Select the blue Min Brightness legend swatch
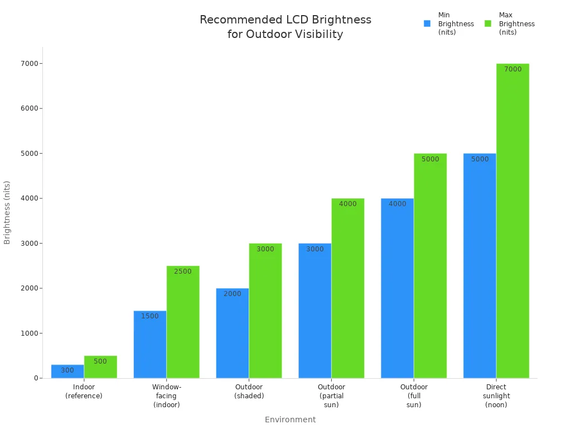click(427, 23)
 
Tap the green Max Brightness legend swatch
click(488, 23)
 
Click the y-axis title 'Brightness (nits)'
click(7, 212)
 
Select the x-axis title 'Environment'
click(290, 420)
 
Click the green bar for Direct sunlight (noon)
click(512, 223)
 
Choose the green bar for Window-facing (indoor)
click(183, 324)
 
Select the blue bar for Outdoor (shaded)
click(233, 335)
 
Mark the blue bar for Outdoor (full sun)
click(397, 290)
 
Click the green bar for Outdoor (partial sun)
click(348, 290)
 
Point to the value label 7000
click(512, 69)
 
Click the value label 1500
click(149, 316)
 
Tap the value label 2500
click(182, 271)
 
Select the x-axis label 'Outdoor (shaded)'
click(249, 391)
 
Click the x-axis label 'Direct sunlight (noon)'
click(496, 395)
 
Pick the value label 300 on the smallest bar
click(67, 370)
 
